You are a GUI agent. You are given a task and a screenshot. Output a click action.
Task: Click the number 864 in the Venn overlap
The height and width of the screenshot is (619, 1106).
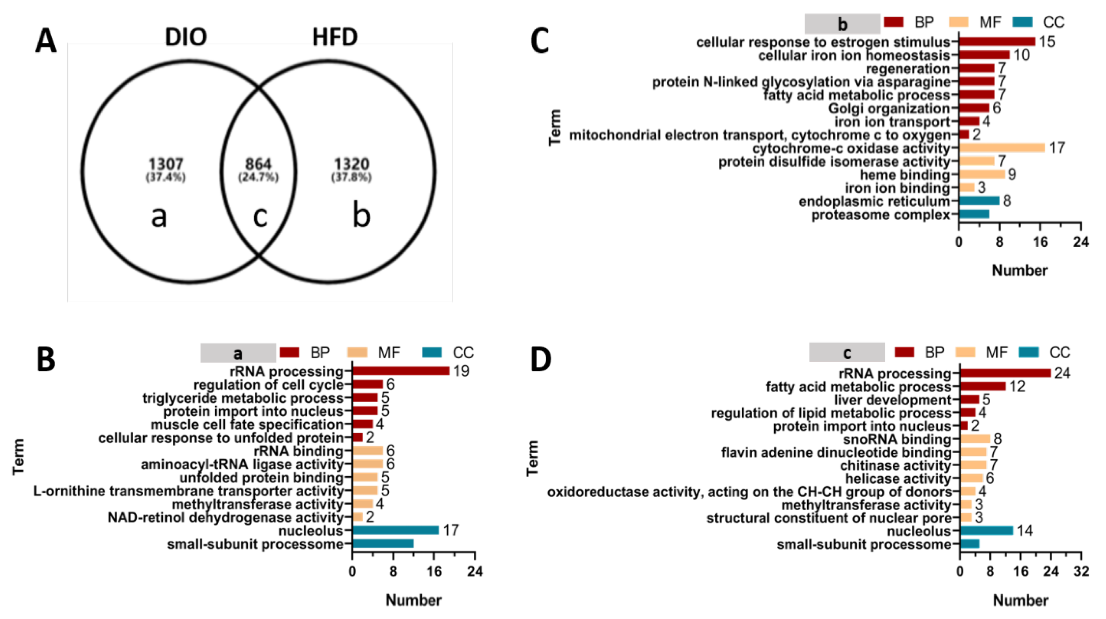[x=258, y=164]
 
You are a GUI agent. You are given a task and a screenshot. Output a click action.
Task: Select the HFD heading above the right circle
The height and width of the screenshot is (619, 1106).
[x=335, y=37]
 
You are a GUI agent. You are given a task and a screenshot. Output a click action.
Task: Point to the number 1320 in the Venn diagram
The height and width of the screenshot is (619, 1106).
[x=351, y=164]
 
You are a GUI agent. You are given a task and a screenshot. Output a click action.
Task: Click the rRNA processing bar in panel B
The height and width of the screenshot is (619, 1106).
[x=401, y=371]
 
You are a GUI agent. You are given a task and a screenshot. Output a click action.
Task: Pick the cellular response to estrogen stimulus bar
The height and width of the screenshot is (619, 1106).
[x=997, y=42]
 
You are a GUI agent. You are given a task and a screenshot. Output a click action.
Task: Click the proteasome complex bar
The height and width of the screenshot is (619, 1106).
[x=974, y=214]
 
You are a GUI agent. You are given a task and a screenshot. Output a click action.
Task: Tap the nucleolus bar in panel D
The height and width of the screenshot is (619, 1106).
[x=986, y=531]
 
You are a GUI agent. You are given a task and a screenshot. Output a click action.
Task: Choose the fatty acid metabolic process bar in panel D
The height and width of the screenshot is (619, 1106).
[x=982, y=386]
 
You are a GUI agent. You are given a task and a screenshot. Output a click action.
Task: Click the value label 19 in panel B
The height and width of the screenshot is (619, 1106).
[x=461, y=371]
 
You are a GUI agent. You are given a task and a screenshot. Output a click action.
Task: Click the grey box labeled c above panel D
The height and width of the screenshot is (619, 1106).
[x=846, y=353]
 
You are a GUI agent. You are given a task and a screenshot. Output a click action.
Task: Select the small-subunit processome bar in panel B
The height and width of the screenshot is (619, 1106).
[x=382, y=544]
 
